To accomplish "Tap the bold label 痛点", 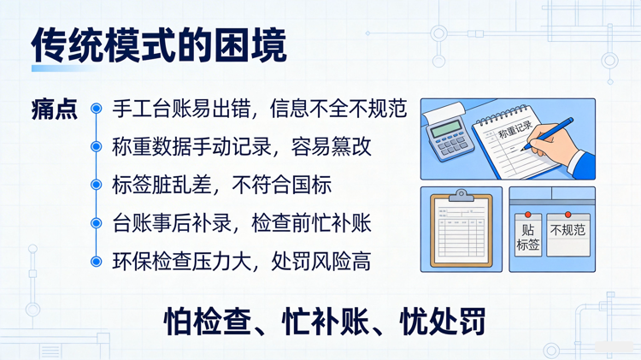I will tap(54, 110).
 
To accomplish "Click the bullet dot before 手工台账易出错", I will tap(97, 109).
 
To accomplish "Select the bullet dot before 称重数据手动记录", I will tap(97, 147).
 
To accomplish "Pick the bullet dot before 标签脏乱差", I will tap(97, 186).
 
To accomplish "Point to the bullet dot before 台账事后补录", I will tap(97, 224).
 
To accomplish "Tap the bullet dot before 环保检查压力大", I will tap(97, 262).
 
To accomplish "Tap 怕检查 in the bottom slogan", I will tap(204, 322).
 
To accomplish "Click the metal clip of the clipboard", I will tap(462, 196).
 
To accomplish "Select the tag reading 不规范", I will tap(568, 230).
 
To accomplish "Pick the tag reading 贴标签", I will tap(528, 236).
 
